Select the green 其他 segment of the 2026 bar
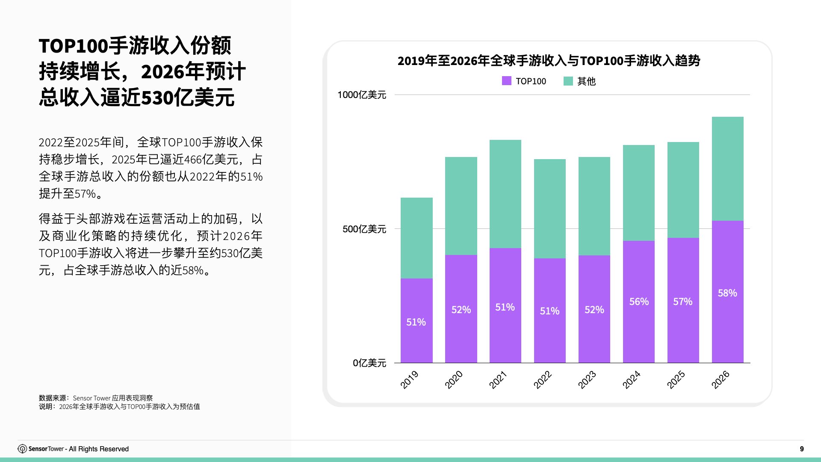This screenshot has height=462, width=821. (727, 169)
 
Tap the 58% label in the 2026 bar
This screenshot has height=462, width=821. (727, 293)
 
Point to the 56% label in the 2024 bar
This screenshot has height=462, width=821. (639, 302)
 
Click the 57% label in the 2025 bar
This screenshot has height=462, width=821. (682, 302)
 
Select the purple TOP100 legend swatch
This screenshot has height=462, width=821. (506, 81)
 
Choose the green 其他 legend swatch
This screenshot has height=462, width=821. (568, 81)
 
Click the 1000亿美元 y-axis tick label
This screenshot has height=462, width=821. (362, 95)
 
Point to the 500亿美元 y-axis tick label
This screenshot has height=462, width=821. (364, 229)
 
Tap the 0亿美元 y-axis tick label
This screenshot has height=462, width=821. (369, 363)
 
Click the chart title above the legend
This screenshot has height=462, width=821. (549, 61)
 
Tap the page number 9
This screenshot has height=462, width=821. (802, 449)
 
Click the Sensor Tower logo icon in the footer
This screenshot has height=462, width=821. (22, 449)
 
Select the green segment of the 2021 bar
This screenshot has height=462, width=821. (505, 193)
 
